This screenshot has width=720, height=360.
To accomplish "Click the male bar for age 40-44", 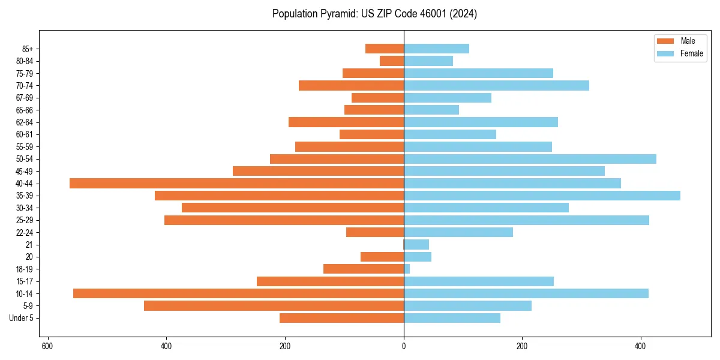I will (x=236, y=184).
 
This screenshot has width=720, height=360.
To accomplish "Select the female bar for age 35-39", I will (x=542, y=196).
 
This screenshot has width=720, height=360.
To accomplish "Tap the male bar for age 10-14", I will (x=238, y=293).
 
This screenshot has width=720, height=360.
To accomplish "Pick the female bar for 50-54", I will (x=530, y=159).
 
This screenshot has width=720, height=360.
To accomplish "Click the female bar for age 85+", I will (x=436, y=49).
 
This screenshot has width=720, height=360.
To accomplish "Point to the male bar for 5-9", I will (x=274, y=306).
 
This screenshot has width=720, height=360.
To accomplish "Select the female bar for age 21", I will (x=416, y=245).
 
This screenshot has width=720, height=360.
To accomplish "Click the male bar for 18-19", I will (x=364, y=269).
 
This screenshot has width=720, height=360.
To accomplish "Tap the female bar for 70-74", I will (x=496, y=86).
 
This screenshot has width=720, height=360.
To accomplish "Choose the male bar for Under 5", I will (x=341, y=318).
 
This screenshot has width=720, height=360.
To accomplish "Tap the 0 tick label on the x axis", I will (x=404, y=346).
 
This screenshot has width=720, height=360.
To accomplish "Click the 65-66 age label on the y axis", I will (x=25, y=110).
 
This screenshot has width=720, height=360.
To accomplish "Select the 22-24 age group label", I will (x=25, y=233).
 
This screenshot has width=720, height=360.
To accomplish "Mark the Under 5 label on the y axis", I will (x=22, y=318).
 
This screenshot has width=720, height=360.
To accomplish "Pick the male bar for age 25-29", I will (x=284, y=220).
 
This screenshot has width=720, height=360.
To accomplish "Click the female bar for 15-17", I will (x=479, y=281).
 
